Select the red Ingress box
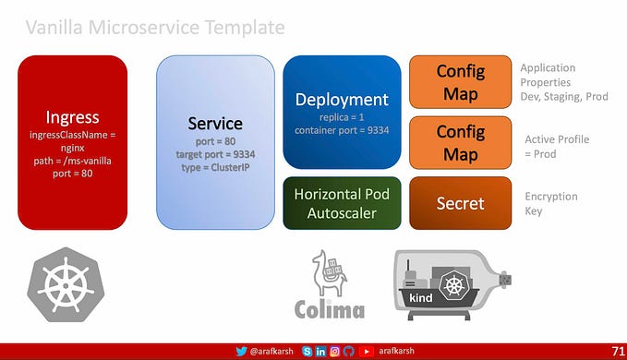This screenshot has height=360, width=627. click(72, 142)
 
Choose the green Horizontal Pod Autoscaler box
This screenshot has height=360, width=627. click(341, 202)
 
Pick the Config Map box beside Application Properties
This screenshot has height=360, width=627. click(460, 82)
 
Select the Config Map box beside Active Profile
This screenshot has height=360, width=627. click(460, 142)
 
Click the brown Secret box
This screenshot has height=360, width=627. click(460, 202)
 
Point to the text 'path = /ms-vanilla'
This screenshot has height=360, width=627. click(72, 160)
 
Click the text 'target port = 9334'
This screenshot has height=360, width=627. click(215, 154)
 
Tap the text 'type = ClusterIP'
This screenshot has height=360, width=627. click(215, 167)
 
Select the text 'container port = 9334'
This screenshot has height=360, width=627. click(342, 130)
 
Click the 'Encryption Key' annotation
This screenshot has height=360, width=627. click(550, 203)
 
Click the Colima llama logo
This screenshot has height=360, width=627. click(329, 285)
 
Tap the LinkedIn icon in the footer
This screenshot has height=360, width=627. click(320, 352)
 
